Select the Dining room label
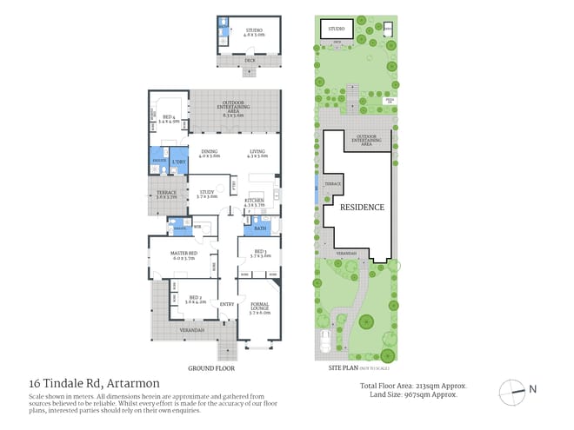click(x=209, y=155)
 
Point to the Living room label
click(x=257, y=155)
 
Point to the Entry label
click(x=227, y=304)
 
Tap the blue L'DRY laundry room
click(x=180, y=162)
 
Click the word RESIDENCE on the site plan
click(x=361, y=208)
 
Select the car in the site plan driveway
click(x=325, y=341)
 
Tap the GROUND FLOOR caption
click(x=212, y=367)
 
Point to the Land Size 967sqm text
click(x=413, y=394)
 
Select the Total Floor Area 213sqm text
click(x=413, y=385)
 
